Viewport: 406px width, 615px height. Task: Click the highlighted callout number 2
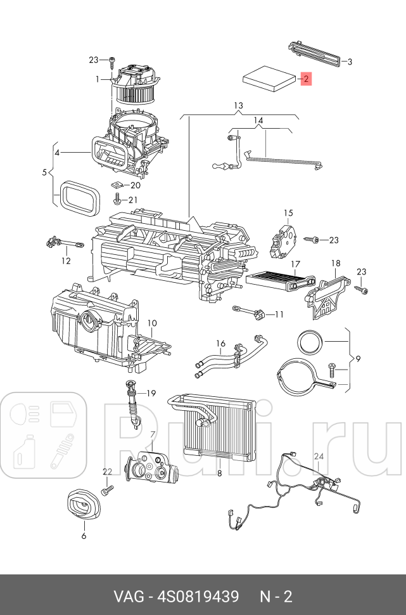click(x=306, y=79)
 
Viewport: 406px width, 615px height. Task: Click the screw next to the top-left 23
click(x=113, y=61)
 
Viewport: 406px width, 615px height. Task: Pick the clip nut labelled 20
click(x=118, y=184)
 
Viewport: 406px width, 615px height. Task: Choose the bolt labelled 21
click(x=117, y=199)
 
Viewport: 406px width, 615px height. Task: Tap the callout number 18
click(x=336, y=263)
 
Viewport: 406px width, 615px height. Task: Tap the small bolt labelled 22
click(x=107, y=489)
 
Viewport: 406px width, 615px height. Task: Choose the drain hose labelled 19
click(x=133, y=405)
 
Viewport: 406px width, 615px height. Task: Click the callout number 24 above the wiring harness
click(x=319, y=456)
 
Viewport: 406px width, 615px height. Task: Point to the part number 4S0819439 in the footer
click(x=198, y=597)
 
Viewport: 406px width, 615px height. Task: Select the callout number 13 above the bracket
click(x=238, y=105)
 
